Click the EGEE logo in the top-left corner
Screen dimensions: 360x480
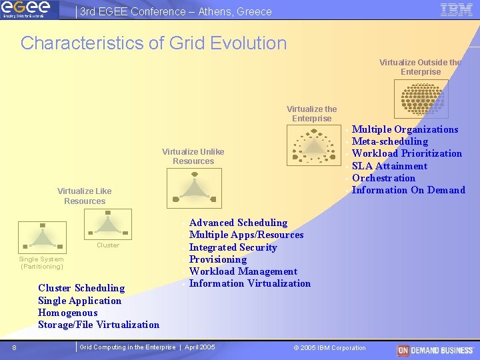[26, 10]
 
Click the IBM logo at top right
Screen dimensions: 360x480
[457, 9]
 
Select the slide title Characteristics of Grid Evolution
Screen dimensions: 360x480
[153, 43]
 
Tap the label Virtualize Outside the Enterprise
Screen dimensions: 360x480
[420, 67]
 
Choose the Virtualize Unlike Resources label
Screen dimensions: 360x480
[193, 156]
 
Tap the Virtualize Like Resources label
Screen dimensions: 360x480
[85, 196]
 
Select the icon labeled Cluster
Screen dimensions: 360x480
[108, 225]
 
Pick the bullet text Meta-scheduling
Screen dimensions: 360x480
[390, 141]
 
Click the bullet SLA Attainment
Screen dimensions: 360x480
[389, 166]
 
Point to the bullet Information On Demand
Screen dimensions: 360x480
[408, 190]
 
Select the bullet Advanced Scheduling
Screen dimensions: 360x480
[238, 223]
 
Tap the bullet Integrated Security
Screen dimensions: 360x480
[233, 247]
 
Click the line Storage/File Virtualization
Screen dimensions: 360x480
[99, 325]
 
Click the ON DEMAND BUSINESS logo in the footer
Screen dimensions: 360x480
[435, 350]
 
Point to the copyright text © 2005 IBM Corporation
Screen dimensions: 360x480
[329, 348]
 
